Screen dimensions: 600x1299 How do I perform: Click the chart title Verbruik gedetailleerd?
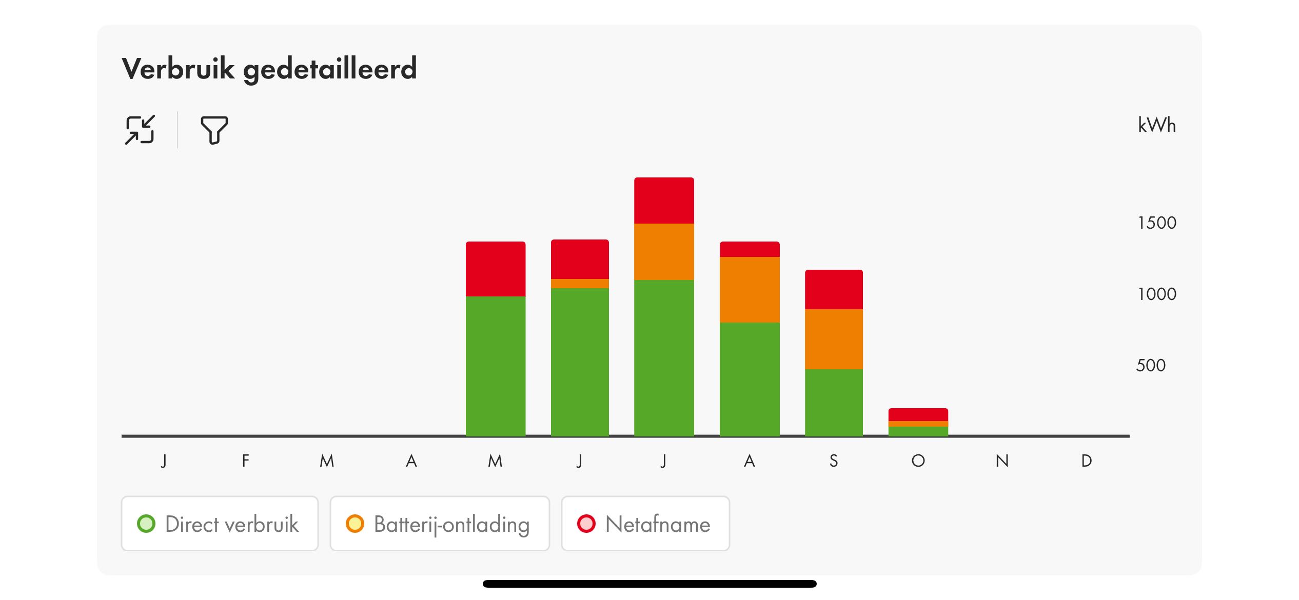269,69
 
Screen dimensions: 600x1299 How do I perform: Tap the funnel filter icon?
214,130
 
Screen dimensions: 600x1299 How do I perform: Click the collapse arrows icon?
140,130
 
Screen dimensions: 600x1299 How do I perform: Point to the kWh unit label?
1156,125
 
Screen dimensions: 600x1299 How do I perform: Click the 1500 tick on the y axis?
1157,223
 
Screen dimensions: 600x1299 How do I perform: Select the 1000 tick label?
1157,294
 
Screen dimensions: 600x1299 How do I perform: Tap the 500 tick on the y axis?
1151,365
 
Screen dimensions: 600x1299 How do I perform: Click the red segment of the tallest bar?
664,201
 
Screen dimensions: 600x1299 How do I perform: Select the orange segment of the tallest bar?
664,251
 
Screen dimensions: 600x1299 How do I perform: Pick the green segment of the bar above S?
834,402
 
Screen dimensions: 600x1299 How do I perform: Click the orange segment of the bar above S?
834,339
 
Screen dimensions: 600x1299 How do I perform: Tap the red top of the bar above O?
918,414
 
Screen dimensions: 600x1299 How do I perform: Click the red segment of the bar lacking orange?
495,269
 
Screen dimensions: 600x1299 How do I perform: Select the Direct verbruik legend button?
220,524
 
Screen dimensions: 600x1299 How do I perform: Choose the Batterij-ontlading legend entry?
440,524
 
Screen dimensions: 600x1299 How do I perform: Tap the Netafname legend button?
645,524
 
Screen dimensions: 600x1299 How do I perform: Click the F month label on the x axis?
246,461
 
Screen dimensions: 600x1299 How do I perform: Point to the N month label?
1002,461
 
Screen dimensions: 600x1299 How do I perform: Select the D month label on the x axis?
1086,461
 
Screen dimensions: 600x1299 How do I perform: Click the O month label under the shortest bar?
918,461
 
